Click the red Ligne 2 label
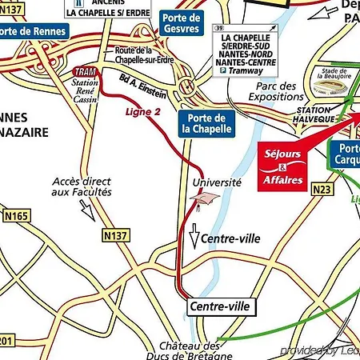point(142,111)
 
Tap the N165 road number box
point(15,216)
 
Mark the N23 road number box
point(300,189)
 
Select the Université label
point(217,182)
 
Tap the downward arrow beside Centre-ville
point(192,238)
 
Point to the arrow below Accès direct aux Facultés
point(86,210)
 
